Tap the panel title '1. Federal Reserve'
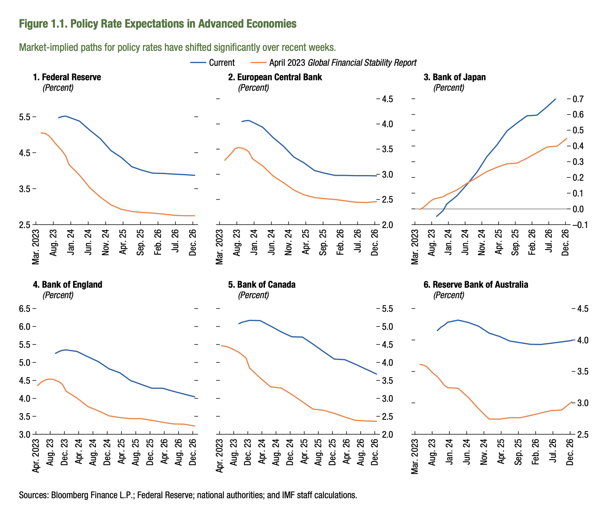click(67, 77)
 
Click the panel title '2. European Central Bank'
click(275, 77)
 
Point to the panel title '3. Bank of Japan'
click(454, 77)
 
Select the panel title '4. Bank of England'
click(67, 285)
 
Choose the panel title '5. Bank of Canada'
click(262, 285)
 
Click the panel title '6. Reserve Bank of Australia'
click(476, 285)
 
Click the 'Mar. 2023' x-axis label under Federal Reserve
click(35, 246)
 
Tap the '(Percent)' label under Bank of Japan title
click(448, 88)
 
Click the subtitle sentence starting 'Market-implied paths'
click(177, 47)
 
